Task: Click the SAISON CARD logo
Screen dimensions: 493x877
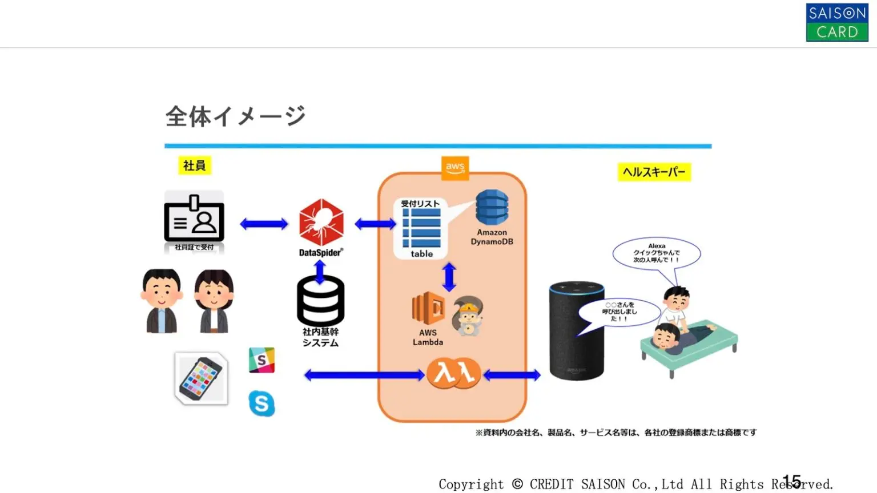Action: [x=836, y=22]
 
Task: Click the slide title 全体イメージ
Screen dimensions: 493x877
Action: [x=235, y=116]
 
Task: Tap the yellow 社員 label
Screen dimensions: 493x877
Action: [x=194, y=165]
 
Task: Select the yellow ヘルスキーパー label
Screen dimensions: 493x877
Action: [x=654, y=172]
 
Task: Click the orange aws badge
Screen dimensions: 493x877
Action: [x=455, y=168]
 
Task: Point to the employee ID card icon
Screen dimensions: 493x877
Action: [x=194, y=219]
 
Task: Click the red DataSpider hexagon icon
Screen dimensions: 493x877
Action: [x=321, y=222]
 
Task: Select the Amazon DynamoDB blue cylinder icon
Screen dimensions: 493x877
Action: [x=492, y=207]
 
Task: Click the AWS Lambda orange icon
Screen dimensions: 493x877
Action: [x=428, y=308]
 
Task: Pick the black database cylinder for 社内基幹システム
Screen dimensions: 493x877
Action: [x=320, y=301]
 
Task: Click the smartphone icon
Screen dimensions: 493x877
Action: [x=201, y=378]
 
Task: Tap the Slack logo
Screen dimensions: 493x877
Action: [x=262, y=360]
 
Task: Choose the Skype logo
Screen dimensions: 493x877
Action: [x=262, y=403]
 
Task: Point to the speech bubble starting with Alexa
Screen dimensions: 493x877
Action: [x=656, y=253]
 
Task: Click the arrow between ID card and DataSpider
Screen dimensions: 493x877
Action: [x=264, y=224]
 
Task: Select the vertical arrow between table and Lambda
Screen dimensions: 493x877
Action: [x=449, y=277]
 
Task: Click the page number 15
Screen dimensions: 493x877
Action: [x=791, y=481]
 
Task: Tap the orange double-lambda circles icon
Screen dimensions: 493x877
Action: [x=454, y=373]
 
